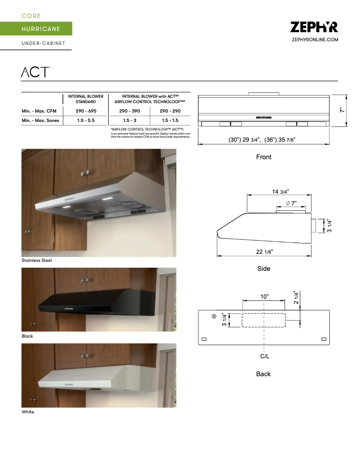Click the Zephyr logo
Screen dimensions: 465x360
pyautogui.click(x=314, y=27)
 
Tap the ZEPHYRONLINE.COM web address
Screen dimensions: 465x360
pyautogui.click(x=315, y=40)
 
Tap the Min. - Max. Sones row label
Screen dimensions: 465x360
pyautogui.click(x=40, y=121)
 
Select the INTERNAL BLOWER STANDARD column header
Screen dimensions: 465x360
pyautogui.click(x=86, y=99)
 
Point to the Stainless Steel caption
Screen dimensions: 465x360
pyautogui.click(x=37, y=261)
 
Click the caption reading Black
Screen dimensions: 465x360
pyautogui.click(x=27, y=336)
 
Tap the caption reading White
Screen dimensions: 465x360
pyautogui.click(x=28, y=412)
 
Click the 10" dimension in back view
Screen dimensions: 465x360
pyautogui.click(x=264, y=297)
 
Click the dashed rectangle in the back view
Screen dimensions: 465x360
pyautogui.click(x=264, y=320)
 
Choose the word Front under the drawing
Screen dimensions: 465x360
pyautogui.click(x=263, y=157)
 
